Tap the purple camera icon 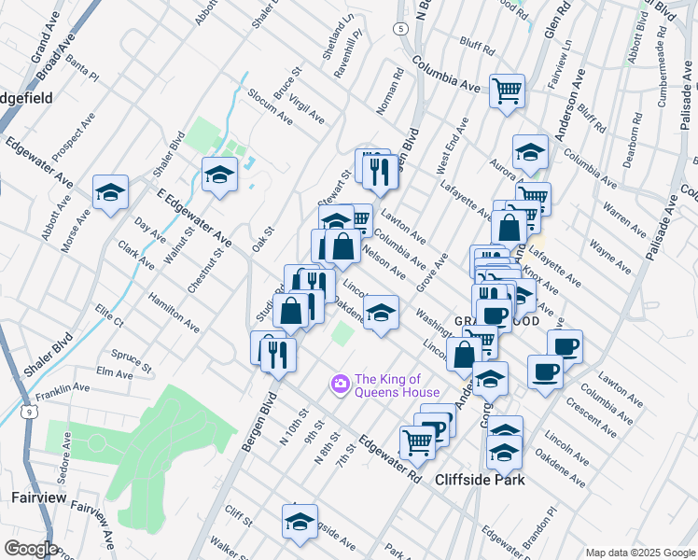(341, 384)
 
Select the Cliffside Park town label (480, 480)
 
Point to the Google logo (31, 549)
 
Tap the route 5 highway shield (399, 29)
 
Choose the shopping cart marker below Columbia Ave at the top (507, 91)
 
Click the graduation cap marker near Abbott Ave (110, 191)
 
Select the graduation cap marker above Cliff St (300, 521)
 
